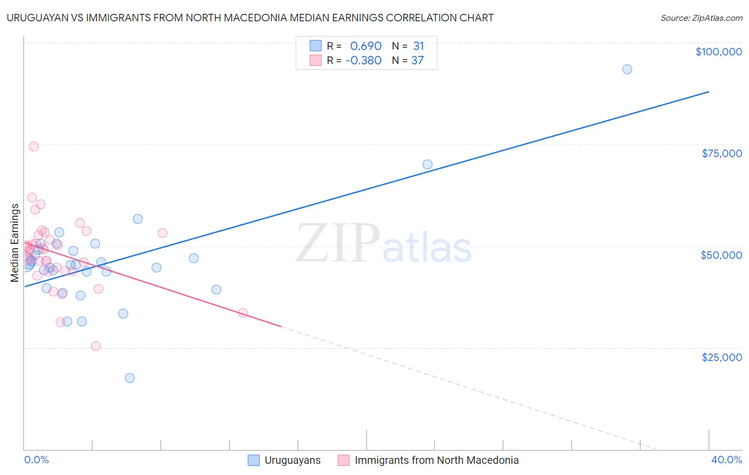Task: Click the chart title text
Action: (x=250, y=18)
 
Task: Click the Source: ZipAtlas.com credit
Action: (x=701, y=18)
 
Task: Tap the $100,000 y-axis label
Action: (x=718, y=52)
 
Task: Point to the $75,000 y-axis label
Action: (x=721, y=153)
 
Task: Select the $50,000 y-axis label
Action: (x=721, y=255)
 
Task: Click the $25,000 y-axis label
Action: (x=721, y=357)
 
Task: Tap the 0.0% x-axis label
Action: (x=36, y=460)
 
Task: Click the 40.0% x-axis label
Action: (x=726, y=460)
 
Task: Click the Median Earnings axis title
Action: (x=15, y=243)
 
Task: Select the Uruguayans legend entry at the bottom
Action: (x=292, y=460)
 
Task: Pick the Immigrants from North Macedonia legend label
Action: (x=436, y=460)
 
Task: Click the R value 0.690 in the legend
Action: (x=365, y=46)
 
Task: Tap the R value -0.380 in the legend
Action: (x=363, y=61)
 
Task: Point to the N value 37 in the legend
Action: (x=417, y=61)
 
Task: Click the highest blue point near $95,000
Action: (x=627, y=69)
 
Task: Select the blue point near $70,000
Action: (x=427, y=165)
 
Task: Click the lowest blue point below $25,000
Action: (x=129, y=378)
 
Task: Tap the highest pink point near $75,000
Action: (x=34, y=146)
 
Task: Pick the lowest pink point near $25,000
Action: (x=96, y=346)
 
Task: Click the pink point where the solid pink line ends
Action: (x=243, y=313)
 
